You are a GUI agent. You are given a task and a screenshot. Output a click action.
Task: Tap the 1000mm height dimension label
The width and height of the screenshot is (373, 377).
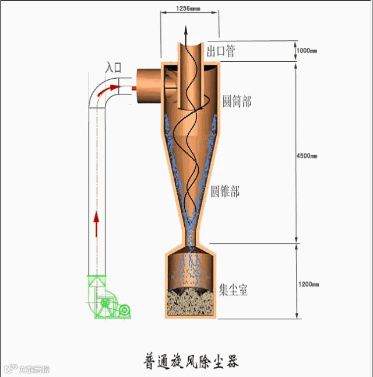(x=307, y=51)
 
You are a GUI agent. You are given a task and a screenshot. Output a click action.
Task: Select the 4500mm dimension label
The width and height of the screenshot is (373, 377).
(x=307, y=156)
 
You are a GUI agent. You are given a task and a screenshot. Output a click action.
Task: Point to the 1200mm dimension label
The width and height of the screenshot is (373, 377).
(x=308, y=284)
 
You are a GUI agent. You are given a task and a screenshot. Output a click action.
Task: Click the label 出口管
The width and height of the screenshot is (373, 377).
(x=221, y=51)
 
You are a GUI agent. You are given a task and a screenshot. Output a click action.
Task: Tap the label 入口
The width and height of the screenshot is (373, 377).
(x=113, y=68)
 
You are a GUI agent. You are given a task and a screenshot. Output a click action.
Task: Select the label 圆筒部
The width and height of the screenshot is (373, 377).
(x=237, y=101)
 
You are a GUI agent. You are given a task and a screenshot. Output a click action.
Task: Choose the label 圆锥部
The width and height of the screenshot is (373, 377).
(x=225, y=191)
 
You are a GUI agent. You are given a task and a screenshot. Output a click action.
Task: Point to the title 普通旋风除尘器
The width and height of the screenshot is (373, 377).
(x=191, y=360)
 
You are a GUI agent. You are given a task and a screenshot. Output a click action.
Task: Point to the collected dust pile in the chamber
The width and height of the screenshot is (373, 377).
(x=189, y=302)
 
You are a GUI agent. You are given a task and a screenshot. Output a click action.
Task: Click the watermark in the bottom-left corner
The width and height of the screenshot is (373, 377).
(x=26, y=369)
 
